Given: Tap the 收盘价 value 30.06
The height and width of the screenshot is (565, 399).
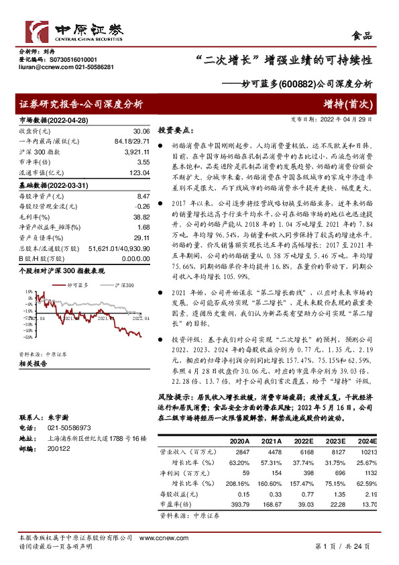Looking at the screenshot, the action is (x=141, y=132).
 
